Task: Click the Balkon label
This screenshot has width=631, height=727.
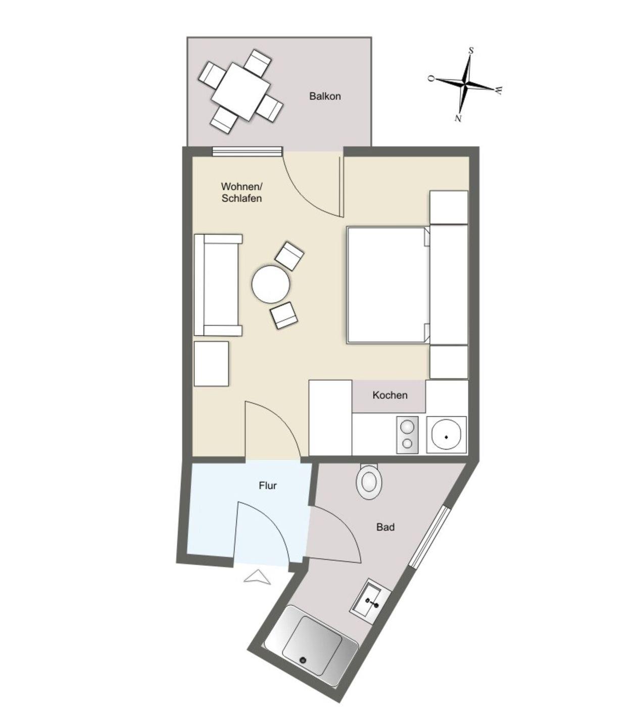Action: [x=324, y=96]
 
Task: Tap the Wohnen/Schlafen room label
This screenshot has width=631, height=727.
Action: [x=241, y=192]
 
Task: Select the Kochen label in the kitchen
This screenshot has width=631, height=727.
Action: [x=390, y=395]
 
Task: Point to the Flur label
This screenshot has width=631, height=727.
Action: [x=267, y=486]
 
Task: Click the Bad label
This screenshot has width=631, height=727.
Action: [x=385, y=527]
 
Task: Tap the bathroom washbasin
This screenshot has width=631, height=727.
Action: [x=370, y=600]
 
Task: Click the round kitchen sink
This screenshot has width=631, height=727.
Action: [x=446, y=435]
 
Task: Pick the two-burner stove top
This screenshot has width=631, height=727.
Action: [x=407, y=435]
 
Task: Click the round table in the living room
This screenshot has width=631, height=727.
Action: [x=270, y=284]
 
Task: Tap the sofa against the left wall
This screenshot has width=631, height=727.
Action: [x=218, y=285]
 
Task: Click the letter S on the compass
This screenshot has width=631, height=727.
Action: [x=471, y=50]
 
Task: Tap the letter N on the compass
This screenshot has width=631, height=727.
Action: [x=458, y=118]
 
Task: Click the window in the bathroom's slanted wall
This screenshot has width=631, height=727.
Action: [x=429, y=536]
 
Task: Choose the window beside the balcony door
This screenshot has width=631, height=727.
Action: [x=248, y=151]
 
